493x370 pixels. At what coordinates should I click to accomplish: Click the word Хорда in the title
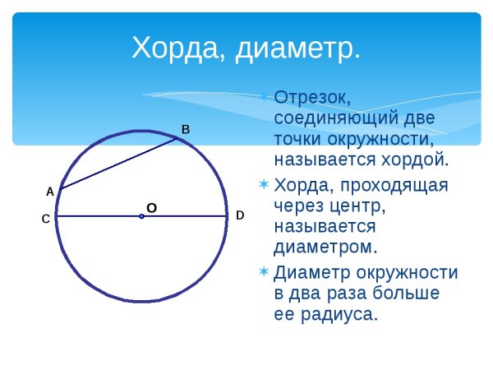pyautogui.click(x=172, y=49)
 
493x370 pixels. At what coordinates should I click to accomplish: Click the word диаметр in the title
pyautogui.click(x=297, y=49)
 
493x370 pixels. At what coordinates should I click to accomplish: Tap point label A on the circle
pyautogui.click(x=49, y=192)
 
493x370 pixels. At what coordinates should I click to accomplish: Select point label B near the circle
pyautogui.click(x=185, y=129)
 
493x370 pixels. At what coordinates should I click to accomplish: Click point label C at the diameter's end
pyautogui.click(x=46, y=219)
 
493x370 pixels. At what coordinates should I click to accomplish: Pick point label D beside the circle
pyautogui.click(x=240, y=215)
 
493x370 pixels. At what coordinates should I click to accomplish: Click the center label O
pyautogui.click(x=151, y=209)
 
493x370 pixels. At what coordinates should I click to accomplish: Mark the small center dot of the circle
pyautogui.click(x=141, y=216)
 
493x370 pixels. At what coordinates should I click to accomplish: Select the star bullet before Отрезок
pyautogui.click(x=264, y=96)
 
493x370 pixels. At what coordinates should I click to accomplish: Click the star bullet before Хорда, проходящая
pyautogui.click(x=264, y=184)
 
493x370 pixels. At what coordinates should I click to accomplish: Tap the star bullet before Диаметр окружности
pyautogui.click(x=264, y=271)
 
